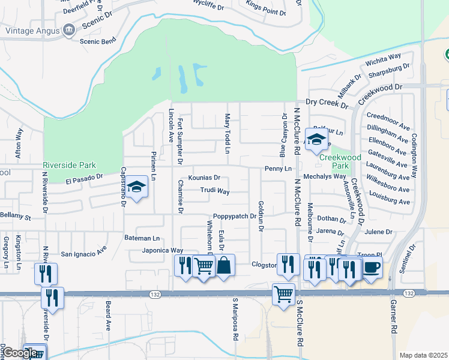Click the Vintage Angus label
(x=30, y=29)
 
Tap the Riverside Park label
(x=70, y=165)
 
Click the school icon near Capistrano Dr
(x=137, y=187)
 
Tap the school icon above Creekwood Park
(x=316, y=140)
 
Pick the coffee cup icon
(x=371, y=266)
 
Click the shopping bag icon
(x=224, y=265)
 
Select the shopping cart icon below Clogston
(x=283, y=294)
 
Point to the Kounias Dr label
(x=204, y=178)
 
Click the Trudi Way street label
(x=215, y=191)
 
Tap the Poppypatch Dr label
(x=234, y=216)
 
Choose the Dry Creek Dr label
(x=327, y=102)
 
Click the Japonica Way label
(x=162, y=250)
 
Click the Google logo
(x=20, y=353)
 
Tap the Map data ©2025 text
(x=423, y=355)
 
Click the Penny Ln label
(x=277, y=169)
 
